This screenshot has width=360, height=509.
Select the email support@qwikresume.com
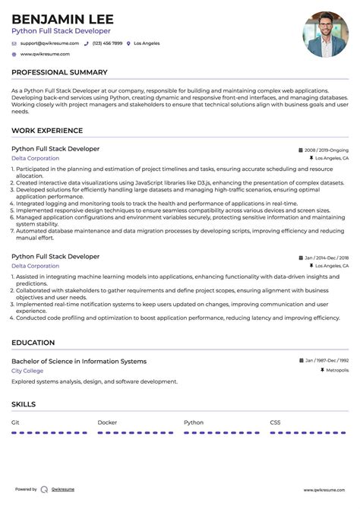(x=45, y=43)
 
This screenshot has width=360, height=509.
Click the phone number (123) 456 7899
(x=106, y=43)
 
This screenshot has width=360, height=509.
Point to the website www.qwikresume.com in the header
(x=45, y=54)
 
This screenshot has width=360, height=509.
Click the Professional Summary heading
(x=59, y=72)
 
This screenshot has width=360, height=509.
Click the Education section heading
(x=33, y=343)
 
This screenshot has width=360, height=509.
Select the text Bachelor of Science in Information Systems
(x=79, y=362)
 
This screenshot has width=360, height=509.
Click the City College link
(x=27, y=371)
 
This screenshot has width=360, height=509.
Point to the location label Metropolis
(x=336, y=371)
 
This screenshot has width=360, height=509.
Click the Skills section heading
(x=24, y=404)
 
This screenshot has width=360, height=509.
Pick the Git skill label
(x=15, y=422)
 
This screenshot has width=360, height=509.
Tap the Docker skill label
(x=107, y=422)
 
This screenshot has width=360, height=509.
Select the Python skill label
(x=194, y=422)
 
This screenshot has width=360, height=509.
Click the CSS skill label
(x=275, y=422)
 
